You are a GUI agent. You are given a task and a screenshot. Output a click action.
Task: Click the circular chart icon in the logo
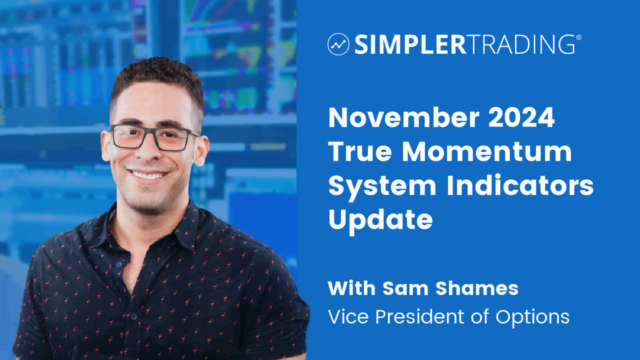[x=338, y=44]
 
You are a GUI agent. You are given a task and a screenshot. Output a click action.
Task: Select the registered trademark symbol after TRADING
[x=579, y=37]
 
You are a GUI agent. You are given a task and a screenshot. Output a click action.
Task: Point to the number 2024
[x=521, y=117]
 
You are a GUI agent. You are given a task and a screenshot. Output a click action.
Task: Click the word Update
[x=380, y=220]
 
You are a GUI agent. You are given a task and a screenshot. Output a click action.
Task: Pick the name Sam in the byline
[x=405, y=288]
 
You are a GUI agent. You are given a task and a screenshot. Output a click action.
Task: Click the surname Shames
[x=477, y=288]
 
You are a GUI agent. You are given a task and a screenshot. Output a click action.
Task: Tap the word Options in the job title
[x=532, y=317]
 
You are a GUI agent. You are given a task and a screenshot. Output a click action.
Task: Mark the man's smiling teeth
[x=147, y=174]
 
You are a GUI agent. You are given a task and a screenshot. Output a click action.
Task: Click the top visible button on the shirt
[x=118, y=265]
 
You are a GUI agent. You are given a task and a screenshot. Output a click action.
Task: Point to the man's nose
[x=147, y=150]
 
